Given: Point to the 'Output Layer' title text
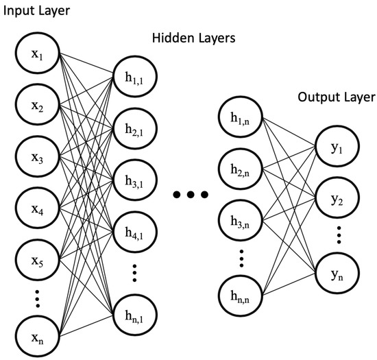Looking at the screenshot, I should click(336, 96).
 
